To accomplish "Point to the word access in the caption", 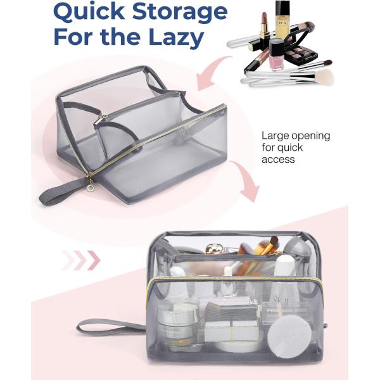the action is (x=278, y=160).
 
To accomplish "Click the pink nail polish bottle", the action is (x=276, y=55).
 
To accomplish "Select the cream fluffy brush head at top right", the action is (x=324, y=77).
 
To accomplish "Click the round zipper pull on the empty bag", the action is (x=91, y=187).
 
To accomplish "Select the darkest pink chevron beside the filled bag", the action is (x=94, y=260).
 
